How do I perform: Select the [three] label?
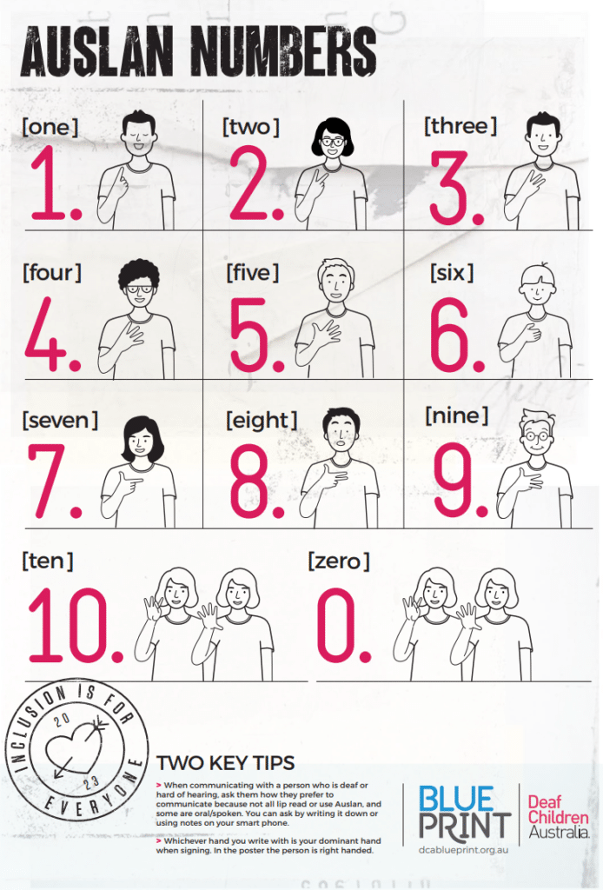point(460,126)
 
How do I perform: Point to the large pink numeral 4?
point(47,335)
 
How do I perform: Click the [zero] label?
point(339,561)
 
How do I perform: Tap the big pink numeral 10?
point(73,623)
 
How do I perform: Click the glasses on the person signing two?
point(333,141)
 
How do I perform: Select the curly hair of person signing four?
point(139,272)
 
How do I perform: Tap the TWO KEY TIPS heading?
point(225,764)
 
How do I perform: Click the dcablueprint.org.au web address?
point(462,847)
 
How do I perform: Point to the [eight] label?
point(261,421)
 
